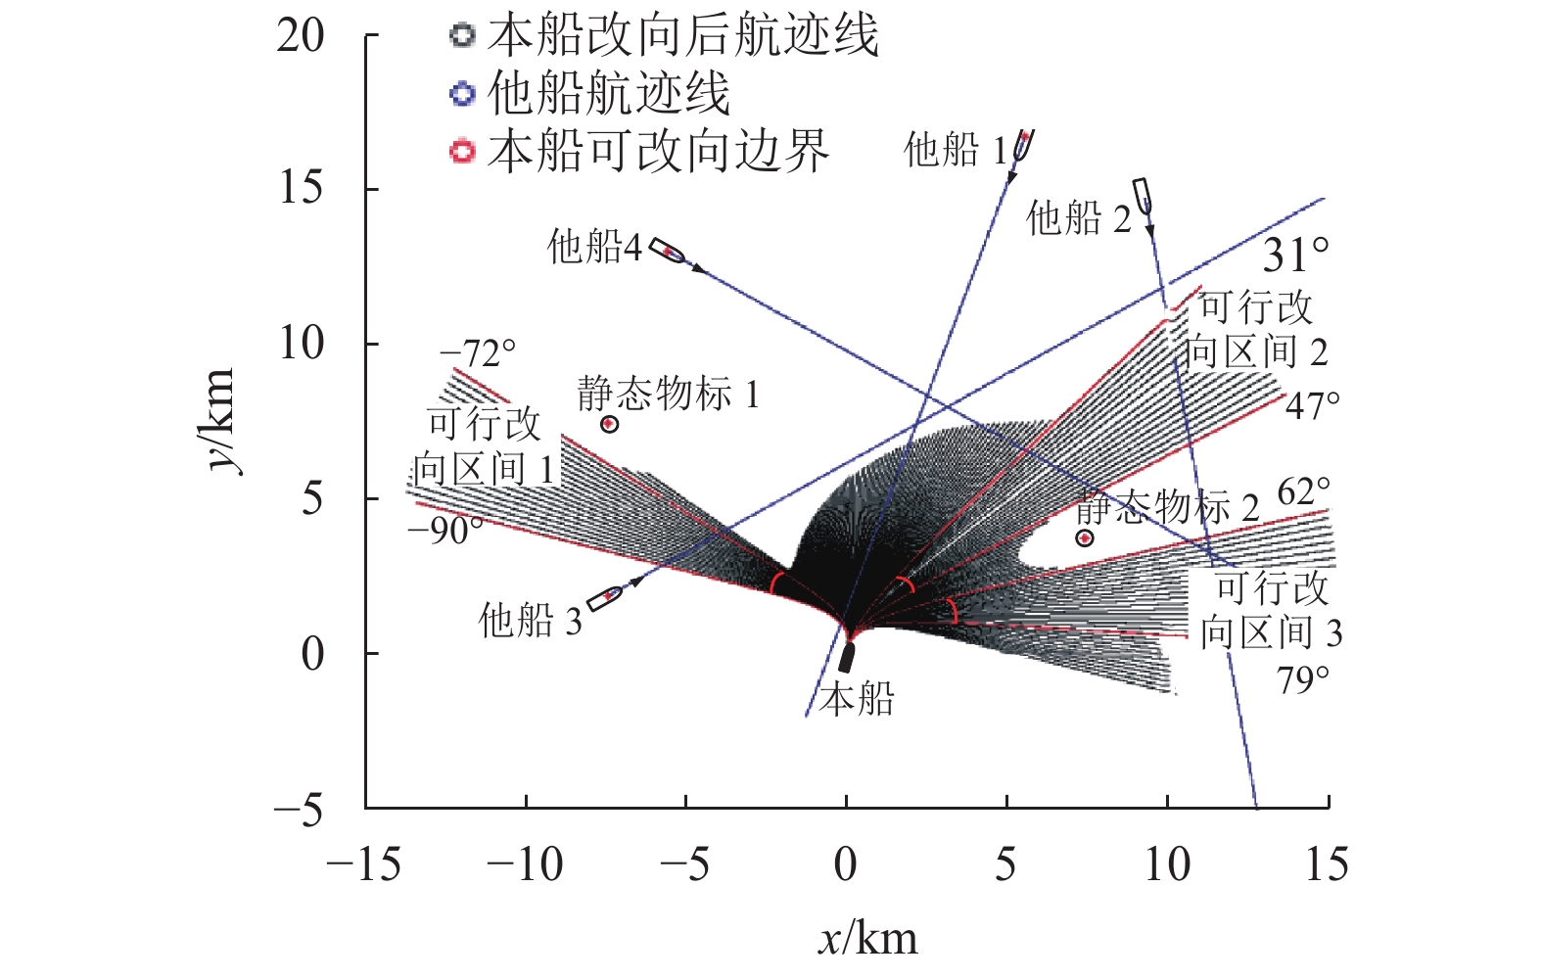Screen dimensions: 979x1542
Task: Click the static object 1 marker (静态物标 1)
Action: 609,424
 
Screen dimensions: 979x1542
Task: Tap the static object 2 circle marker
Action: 1084,538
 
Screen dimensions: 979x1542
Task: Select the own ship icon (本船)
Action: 847,657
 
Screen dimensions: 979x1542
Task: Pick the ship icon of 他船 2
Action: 1142,195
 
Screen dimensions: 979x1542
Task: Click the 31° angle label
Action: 1295,256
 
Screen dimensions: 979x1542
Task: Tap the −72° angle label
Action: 478,352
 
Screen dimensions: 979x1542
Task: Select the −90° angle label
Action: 445,531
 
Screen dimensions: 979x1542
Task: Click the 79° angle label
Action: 1303,679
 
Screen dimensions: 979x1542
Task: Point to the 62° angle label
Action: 1303,491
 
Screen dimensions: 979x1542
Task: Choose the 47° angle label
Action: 1312,405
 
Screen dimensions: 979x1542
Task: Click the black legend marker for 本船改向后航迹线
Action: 462,36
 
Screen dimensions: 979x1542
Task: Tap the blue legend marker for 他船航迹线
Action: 462,94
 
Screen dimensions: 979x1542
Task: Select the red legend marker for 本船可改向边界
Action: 462,152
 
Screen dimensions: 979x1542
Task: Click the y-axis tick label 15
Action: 301,188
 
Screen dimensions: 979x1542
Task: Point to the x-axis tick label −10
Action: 525,865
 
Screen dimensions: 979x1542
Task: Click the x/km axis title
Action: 867,939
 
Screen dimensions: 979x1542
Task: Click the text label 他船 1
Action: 955,151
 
